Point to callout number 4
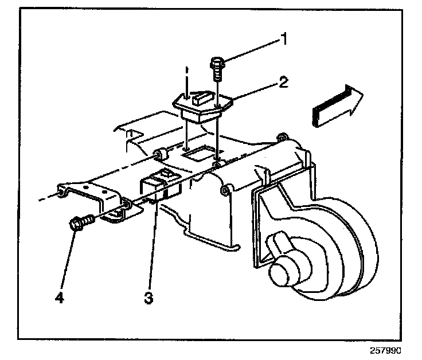point(59,297)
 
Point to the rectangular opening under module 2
point(198,153)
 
